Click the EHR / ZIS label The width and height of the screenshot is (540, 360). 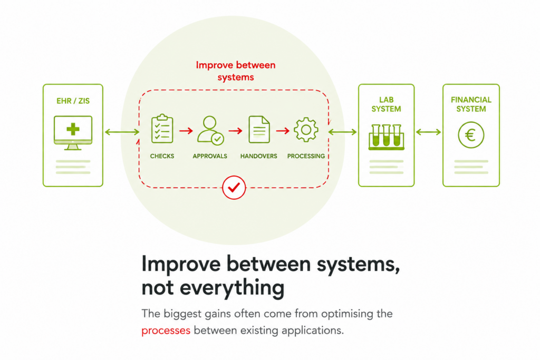pyautogui.click(x=73, y=101)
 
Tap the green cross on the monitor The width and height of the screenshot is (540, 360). pyautogui.click(x=73, y=130)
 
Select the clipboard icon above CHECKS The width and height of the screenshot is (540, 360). pyautogui.click(x=162, y=129)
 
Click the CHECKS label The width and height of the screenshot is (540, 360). pyautogui.click(x=162, y=156)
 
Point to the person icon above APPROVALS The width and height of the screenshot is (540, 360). pyautogui.click(x=210, y=130)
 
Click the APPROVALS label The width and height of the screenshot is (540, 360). pyautogui.click(x=210, y=156)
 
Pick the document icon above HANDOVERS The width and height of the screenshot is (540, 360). pyautogui.click(x=259, y=130)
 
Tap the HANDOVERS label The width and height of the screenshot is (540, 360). pyautogui.click(x=258, y=156)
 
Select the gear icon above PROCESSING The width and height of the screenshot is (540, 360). pyautogui.click(x=306, y=130)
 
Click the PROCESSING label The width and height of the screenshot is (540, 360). pyautogui.click(x=306, y=156)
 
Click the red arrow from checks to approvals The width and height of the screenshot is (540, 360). pyautogui.click(x=186, y=131)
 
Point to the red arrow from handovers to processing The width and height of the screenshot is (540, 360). pyautogui.click(x=283, y=131)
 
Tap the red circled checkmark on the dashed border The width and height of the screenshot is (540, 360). pyautogui.click(x=234, y=188)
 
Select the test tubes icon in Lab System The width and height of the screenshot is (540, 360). pyautogui.click(x=387, y=137)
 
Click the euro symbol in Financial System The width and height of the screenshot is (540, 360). pyautogui.click(x=471, y=135)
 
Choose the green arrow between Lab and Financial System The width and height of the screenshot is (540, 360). pyautogui.click(x=428, y=132)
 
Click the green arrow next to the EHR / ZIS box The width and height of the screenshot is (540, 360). pyautogui.click(x=122, y=132)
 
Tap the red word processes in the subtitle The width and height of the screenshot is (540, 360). pyautogui.click(x=166, y=330)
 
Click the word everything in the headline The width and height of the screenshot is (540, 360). pyautogui.click(x=232, y=288)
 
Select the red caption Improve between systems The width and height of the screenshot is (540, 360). pyautogui.click(x=236, y=71)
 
